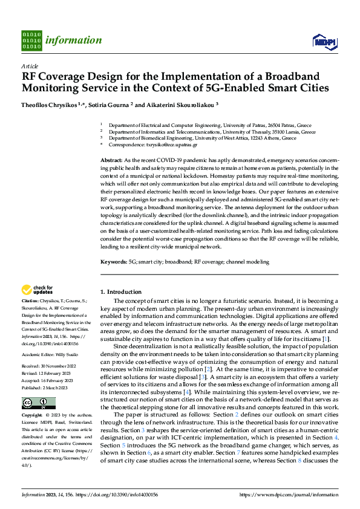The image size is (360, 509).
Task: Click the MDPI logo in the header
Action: pyautogui.click(x=324, y=41)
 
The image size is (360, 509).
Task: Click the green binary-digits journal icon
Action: pyautogui.click(x=31, y=41)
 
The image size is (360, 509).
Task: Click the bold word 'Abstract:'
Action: pyautogui.click(x=111, y=158)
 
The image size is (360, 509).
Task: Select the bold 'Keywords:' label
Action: pyautogui.click(x=113, y=262)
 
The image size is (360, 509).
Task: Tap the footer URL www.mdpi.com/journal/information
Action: pyautogui.click(x=289, y=494)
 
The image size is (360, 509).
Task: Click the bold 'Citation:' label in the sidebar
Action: pyautogui.click(x=30, y=300)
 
